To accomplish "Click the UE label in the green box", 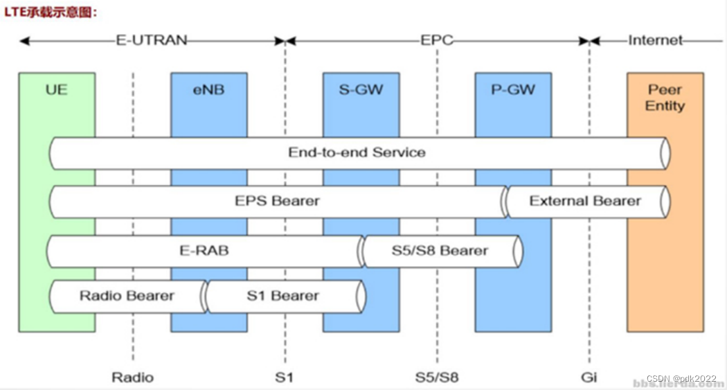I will pos(57,89).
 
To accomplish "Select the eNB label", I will pos(208,89).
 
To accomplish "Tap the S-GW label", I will pos(361,89).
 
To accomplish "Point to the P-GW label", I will pos(513,89).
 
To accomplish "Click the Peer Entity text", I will pos(665,98).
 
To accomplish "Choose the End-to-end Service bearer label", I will pos(357,152).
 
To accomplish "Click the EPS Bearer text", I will pos(277,201).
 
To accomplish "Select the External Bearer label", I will pos(585,201).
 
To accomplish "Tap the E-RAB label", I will pos(204,250).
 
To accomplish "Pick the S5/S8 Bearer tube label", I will pos(440,250).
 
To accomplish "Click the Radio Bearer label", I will pos(127,296).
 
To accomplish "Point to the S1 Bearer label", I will pos(282,296).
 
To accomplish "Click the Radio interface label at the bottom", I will pos(132,378).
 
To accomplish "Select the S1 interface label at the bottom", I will pos(284,378).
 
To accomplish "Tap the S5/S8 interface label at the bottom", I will pos(436,378).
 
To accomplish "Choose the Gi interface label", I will pos(589,378).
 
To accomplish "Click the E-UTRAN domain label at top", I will pos(151,40).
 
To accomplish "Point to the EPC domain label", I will pos(437,40).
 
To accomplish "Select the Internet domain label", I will pos(655,40).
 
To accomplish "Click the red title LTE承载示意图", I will pos(52,12).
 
